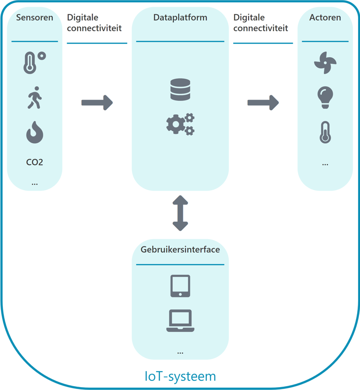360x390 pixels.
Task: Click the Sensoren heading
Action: click(35, 18)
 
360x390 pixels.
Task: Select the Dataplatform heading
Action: click(180, 18)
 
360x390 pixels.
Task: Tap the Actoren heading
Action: click(325, 18)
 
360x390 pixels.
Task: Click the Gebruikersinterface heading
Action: click(180, 250)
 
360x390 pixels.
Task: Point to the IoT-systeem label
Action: click(180, 375)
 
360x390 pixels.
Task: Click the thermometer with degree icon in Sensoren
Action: click(34, 62)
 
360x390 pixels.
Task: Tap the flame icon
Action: click(35, 133)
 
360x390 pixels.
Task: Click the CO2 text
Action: click(35, 162)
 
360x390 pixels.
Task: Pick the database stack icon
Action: click(180, 90)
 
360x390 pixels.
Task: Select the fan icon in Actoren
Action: click(325, 62)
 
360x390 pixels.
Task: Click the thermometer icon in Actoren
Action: click(325, 133)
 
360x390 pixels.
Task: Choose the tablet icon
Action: click(180, 286)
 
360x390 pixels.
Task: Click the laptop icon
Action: click(180, 321)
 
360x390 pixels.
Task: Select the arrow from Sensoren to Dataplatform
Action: click(97, 102)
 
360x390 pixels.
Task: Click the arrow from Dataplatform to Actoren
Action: click(263, 102)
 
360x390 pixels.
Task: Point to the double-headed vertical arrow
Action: click(180, 213)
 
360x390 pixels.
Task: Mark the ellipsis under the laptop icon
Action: click(180, 353)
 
